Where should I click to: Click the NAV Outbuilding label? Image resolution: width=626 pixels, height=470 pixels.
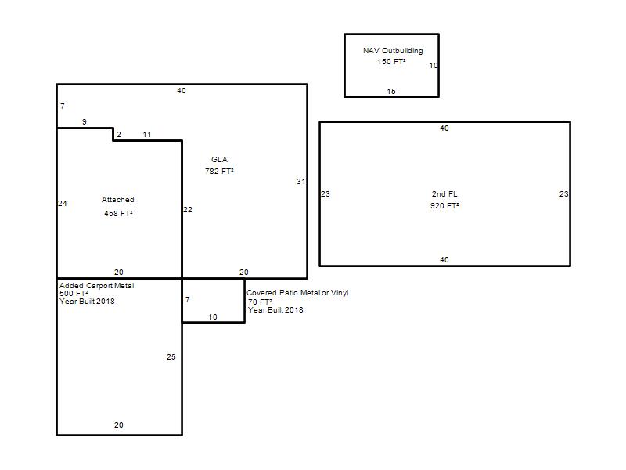pyautogui.click(x=393, y=51)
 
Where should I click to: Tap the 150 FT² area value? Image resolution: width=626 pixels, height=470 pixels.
pyautogui.click(x=392, y=62)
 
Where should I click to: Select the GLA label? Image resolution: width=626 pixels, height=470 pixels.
pyautogui.click(x=220, y=160)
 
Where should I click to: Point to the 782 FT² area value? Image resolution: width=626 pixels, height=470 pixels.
pyautogui.click(x=219, y=171)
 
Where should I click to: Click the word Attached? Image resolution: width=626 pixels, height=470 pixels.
pyautogui.click(x=118, y=200)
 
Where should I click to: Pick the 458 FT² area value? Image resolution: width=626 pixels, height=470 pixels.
pyautogui.click(x=119, y=213)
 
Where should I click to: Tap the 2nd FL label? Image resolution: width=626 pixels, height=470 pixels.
pyautogui.click(x=444, y=193)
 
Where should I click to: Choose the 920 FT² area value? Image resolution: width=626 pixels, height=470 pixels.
pyautogui.click(x=444, y=205)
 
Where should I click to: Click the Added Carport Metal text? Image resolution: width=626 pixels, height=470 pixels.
pyautogui.click(x=96, y=286)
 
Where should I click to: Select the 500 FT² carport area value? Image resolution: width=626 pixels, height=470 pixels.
pyautogui.click(x=74, y=293)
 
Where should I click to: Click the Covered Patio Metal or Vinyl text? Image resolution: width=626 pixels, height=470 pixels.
pyautogui.click(x=297, y=292)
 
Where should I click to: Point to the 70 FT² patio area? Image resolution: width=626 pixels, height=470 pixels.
pyautogui.click(x=260, y=302)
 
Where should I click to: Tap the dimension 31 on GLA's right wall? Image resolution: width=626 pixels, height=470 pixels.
pyautogui.click(x=300, y=182)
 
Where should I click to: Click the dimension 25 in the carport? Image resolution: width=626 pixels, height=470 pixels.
pyautogui.click(x=171, y=357)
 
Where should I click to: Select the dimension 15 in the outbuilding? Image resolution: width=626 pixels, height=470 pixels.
pyautogui.click(x=391, y=92)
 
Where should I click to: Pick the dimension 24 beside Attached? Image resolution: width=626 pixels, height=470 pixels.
pyautogui.click(x=63, y=204)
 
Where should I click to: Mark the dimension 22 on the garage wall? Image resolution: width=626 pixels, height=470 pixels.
pyautogui.click(x=188, y=210)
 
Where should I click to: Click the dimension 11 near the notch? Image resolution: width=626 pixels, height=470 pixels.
pyautogui.click(x=147, y=135)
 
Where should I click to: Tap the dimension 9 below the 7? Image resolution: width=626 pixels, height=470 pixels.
pyautogui.click(x=85, y=122)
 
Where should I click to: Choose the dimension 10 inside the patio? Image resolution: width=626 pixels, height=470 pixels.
pyautogui.click(x=213, y=317)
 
